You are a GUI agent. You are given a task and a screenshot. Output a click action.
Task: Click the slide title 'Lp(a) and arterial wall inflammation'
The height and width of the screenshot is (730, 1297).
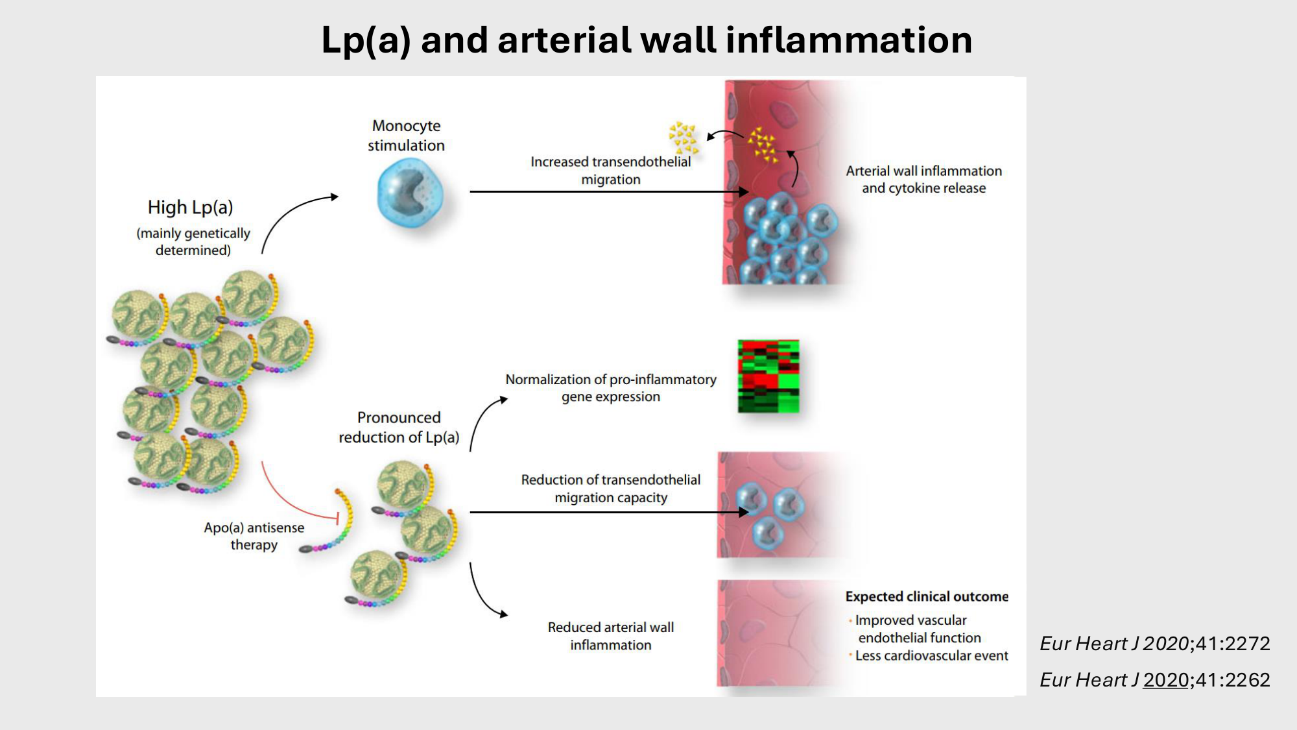(x=647, y=40)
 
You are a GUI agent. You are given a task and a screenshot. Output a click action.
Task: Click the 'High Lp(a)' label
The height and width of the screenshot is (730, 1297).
(x=190, y=208)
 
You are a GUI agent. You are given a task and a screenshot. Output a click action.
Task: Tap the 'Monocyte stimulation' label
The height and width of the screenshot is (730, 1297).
(x=406, y=136)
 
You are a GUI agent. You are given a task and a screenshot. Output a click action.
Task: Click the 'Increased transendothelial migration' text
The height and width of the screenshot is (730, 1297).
(x=610, y=171)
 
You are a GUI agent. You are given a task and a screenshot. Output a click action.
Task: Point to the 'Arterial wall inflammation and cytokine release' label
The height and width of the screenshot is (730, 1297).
(x=923, y=180)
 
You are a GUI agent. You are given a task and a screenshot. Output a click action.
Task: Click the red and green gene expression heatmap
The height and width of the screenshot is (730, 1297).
(x=768, y=376)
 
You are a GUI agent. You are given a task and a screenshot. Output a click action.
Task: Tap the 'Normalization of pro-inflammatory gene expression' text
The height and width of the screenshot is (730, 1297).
(x=610, y=388)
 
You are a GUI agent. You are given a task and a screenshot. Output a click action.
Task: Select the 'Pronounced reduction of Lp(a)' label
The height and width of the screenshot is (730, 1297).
(x=399, y=428)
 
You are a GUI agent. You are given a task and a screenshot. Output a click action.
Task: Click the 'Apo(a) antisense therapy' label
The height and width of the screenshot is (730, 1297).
(x=254, y=536)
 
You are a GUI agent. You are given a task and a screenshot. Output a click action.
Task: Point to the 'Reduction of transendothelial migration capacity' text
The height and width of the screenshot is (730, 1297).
(x=610, y=489)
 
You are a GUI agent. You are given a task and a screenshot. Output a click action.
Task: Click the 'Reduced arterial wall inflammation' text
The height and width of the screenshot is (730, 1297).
(x=610, y=636)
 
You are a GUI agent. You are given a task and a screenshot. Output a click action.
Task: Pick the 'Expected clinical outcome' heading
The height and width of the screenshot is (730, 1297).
(x=926, y=596)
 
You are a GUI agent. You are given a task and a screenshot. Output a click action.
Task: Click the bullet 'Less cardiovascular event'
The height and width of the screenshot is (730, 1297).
(x=931, y=656)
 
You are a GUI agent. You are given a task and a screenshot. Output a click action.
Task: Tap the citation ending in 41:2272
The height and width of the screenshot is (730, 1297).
(x=1154, y=644)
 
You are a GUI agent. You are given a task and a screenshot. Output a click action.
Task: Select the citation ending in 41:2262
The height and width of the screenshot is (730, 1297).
(x=1154, y=680)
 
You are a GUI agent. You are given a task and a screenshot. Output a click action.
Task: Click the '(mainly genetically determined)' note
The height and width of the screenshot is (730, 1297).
(x=193, y=241)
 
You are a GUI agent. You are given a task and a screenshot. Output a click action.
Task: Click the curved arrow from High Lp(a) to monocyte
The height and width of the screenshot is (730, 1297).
(x=292, y=214)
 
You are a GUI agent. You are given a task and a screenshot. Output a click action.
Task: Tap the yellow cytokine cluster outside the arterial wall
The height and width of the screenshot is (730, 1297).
(x=682, y=137)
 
